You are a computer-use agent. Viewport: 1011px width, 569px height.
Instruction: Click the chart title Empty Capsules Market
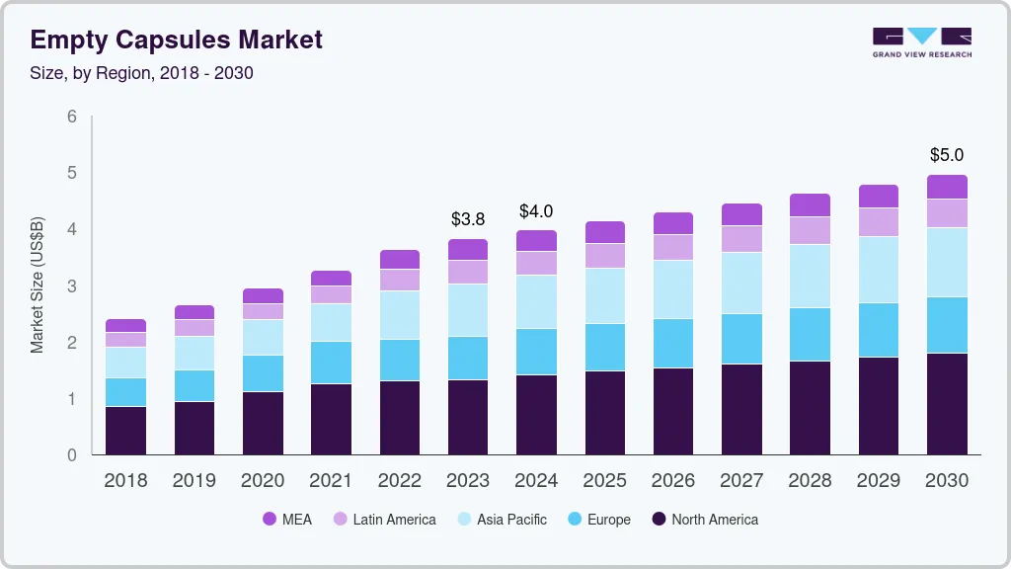point(176,40)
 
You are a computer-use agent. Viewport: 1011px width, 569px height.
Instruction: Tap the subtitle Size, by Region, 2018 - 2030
point(141,73)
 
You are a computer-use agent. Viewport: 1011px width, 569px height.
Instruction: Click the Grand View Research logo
point(921,42)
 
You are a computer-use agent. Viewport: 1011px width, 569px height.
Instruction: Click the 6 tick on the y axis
point(71,117)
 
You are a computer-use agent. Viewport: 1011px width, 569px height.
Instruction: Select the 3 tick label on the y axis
point(71,286)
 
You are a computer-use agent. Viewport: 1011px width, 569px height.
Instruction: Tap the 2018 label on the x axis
point(125,480)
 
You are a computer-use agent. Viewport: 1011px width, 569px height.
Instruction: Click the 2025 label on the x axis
point(604,480)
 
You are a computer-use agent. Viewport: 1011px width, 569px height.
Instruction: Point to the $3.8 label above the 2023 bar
point(468,219)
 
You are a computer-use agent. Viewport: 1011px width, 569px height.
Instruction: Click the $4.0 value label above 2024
point(536,211)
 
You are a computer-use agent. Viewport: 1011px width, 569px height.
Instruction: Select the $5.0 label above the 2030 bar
point(947,155)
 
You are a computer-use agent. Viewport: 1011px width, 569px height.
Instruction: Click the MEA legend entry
point(287,519)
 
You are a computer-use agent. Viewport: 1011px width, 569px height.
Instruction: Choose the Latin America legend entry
point(384,519)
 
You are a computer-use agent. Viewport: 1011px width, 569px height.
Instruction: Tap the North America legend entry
point(704,519)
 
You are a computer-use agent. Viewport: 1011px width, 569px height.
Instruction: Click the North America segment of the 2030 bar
point(947,403)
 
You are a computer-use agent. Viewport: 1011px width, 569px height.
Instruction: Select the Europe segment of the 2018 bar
point(125,392)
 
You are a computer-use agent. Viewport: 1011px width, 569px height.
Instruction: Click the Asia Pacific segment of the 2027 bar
point(741,283)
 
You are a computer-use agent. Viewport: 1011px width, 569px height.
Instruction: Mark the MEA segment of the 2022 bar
point(400,259)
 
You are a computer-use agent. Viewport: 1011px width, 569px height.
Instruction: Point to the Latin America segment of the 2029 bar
point(879,221)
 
